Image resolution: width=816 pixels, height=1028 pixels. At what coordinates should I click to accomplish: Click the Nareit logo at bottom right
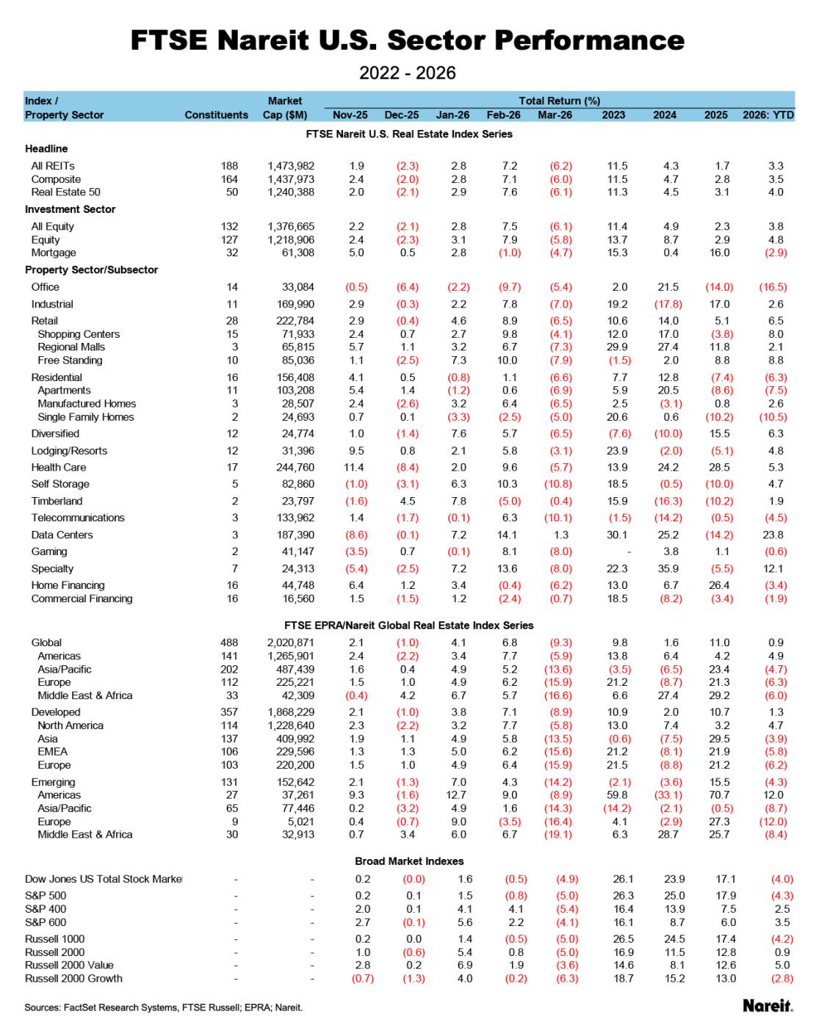pyautogui.click(x=768, y=1005)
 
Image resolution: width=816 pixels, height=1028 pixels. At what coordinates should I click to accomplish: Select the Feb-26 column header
pyautogui.click(x=503, y=115)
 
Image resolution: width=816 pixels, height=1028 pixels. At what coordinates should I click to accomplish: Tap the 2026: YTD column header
pyautogui.click(x=768, y=115)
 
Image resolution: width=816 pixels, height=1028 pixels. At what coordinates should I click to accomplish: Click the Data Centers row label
pyautogui.click(x=62, y=535)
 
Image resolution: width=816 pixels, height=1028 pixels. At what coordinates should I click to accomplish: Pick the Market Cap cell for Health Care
pyautogui.click(x=291, y=467)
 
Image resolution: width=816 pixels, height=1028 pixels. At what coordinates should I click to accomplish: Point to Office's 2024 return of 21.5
pyautogui.click(x=668, y=287)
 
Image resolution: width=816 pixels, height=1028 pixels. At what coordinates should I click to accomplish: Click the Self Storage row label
pyautogui.click(x=60, y=484)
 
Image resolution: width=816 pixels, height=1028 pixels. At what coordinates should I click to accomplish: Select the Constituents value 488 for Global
pyautogui.click(x=229, y=642)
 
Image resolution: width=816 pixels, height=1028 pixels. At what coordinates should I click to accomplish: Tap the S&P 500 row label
pyautogui.click(x=46, y=896)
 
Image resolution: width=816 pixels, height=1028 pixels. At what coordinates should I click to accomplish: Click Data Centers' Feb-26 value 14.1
pyautogui.click(x=507, y=535)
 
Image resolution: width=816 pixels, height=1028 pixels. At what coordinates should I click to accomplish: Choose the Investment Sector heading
pyautogui.click(x=71, y=209)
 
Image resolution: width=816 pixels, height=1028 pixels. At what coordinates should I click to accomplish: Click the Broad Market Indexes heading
pyautogui.click(x=409, y=861)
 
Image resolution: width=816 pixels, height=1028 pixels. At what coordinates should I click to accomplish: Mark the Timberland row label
pyautogui.click(x=57, y=501)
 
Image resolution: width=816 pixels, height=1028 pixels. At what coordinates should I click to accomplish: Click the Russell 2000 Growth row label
pyautogui.click(x=73, y=978)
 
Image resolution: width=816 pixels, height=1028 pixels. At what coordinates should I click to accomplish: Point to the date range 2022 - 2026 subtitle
pyautogui.click(x=408, y=73)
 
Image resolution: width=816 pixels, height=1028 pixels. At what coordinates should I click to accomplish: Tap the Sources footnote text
pyautogui.click(x=163, y=1007)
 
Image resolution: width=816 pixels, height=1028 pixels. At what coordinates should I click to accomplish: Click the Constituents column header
pyautogui.click(x=216, y=115)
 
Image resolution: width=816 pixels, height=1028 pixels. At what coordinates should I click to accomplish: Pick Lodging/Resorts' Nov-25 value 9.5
pyautogui.click(x=356, y=451)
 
